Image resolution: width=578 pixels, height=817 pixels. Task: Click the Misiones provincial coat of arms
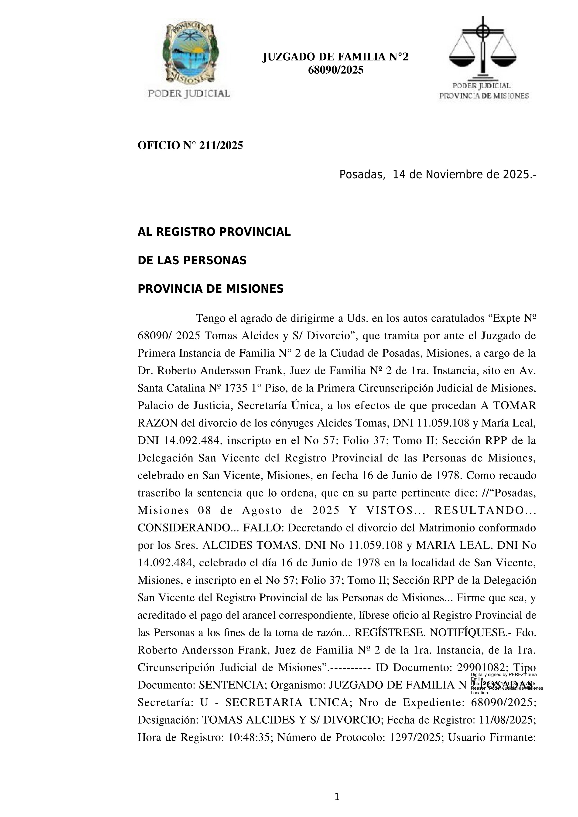[189, 53]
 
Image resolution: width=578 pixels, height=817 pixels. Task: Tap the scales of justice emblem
[483, 48]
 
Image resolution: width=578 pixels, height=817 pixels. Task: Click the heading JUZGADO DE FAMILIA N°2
[335, 57]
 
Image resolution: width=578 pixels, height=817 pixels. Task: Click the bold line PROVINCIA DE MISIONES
[210, 289]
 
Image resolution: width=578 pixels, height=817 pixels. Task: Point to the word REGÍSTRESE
[390, 633]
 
